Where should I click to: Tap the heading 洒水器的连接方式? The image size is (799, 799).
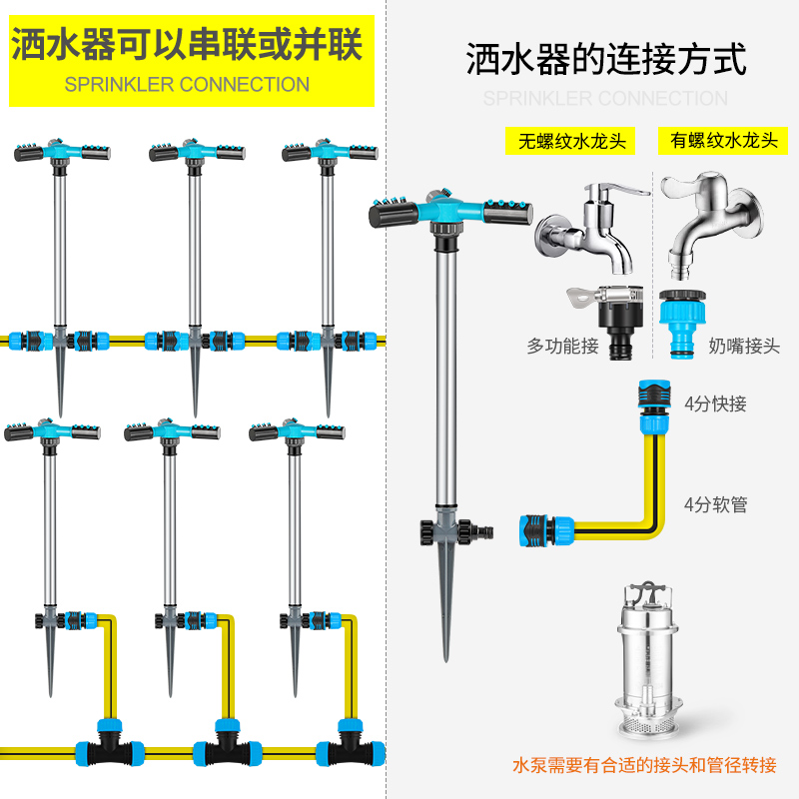(x=606, y=60)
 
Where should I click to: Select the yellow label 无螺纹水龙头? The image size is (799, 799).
(x=570, y=141)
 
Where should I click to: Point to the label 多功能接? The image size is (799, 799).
(x=562, y=348)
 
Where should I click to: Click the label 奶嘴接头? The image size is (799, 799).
(x=744, y=348)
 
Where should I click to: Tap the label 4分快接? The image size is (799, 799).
(x=715, y=404)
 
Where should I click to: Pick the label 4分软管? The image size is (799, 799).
(x=715, y=504)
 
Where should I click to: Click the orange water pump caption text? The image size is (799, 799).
(x=644, y=766)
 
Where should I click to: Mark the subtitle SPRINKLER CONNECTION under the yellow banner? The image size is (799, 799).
(x=187, y=85)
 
